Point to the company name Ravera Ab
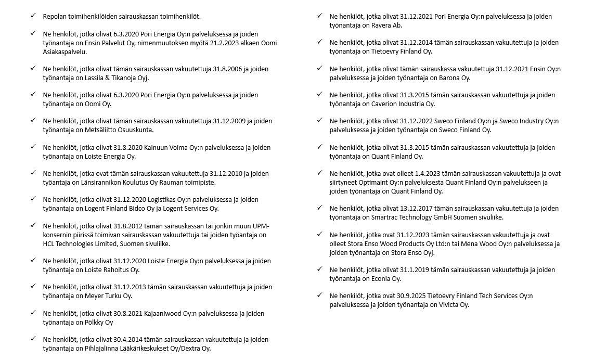click(386, 25)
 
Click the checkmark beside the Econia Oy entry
click(320, 269)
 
